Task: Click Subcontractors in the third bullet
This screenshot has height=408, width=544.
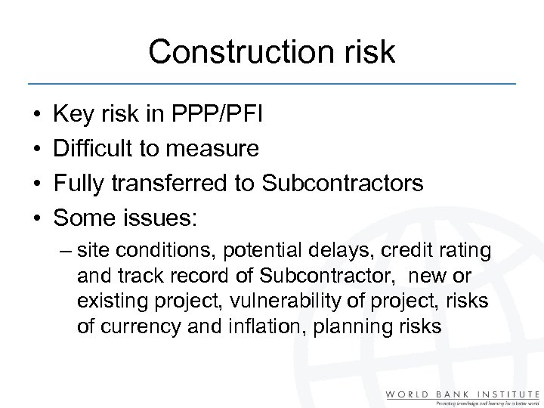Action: click(x=349, y=182)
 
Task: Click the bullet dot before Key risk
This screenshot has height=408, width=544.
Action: click(x=36, y=116)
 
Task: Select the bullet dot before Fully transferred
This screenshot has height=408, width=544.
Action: click(x=36, y=183)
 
